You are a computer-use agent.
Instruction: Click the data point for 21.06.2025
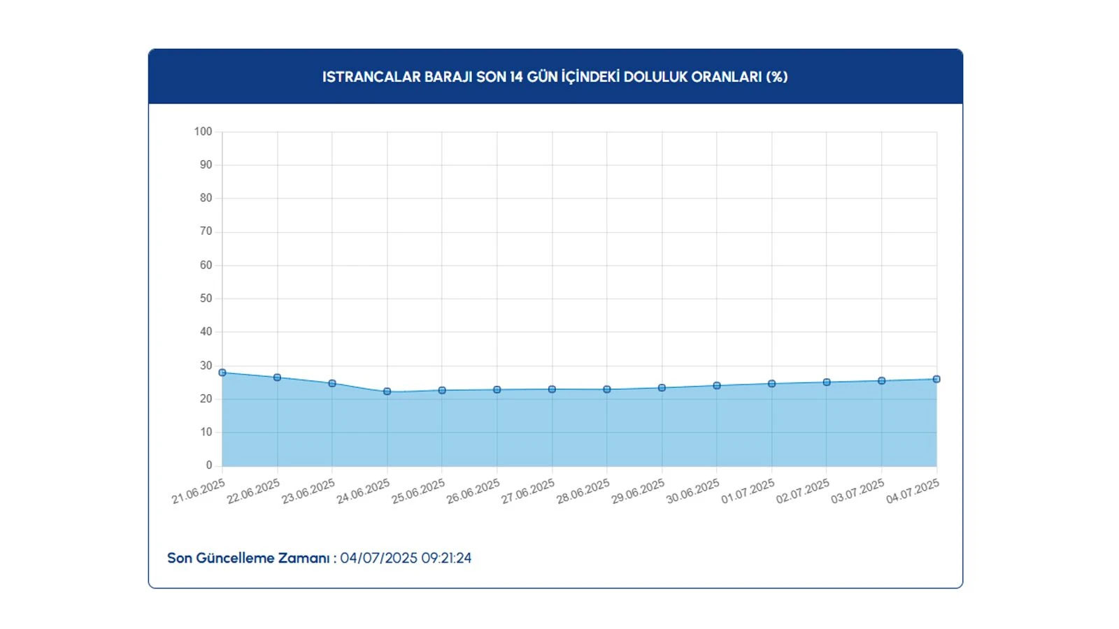[222, 373]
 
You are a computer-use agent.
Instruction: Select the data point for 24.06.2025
[387, 391]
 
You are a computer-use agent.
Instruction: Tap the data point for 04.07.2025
[936, 379]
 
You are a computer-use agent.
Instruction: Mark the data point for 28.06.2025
[607, 389]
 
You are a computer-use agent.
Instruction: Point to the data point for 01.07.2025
[772, 384]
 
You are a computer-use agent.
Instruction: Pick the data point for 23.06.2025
[332, 384]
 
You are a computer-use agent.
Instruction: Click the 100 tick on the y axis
[203, 131]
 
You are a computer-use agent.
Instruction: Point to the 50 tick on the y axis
[206, 298]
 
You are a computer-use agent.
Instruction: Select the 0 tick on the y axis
[208, 465]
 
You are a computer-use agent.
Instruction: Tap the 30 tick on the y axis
[206, 366]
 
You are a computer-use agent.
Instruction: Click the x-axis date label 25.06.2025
[418, 491]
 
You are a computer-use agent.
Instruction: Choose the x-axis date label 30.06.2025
[692, 491]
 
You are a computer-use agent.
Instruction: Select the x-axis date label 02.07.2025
[802, 491]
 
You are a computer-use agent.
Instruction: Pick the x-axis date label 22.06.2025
[253, 491]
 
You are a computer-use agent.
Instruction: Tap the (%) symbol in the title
[776, 77]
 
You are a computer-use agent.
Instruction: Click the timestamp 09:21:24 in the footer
[446, 558]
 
